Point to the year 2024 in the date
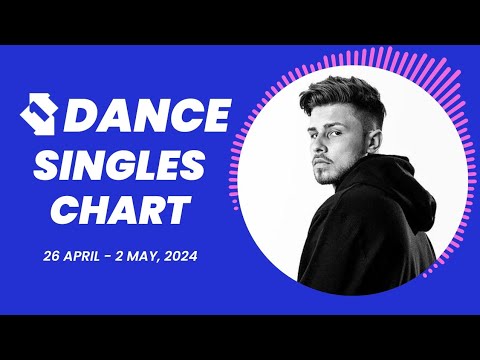click(178, 257)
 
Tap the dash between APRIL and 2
click(122, 257)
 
